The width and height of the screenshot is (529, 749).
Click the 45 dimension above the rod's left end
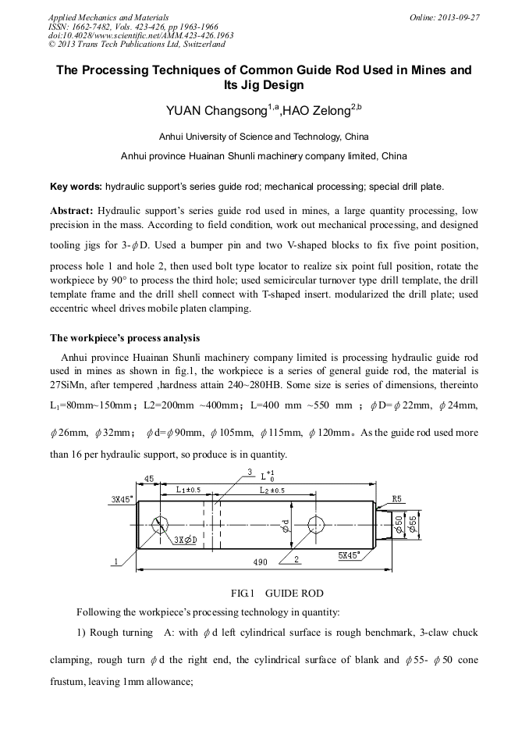(148, 478)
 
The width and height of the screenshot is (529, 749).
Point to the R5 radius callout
(396, 498)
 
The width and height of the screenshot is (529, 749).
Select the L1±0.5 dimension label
(188, 490)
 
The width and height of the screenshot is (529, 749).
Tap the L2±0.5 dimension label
(272, 490)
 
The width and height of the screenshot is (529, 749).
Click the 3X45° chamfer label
(121, 498)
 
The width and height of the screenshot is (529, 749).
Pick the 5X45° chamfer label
(349, 555)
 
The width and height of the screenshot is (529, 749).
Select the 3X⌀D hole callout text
(185, 540)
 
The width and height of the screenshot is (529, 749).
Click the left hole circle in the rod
(161, 524)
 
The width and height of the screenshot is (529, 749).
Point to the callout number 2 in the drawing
(297, 558)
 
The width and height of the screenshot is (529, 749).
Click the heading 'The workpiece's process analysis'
(125, 338)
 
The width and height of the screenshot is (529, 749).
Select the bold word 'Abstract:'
(72, 212)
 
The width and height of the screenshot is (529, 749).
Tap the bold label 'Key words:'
(76, 187)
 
